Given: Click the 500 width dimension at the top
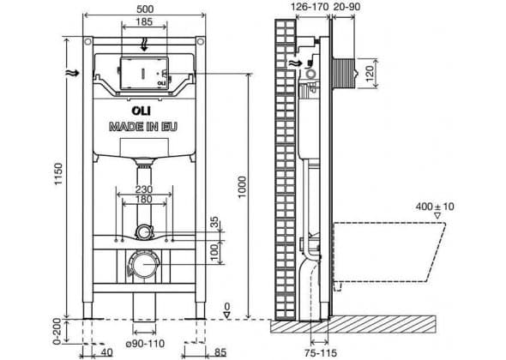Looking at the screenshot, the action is [x=145, y=9].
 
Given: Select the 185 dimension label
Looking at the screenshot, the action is [x=144, y=22].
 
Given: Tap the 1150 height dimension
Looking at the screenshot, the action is [x=58, y=174].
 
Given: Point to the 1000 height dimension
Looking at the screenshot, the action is [x=242, y=187].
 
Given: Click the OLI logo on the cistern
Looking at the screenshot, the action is [x=141, y=111].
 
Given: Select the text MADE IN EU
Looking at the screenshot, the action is [x=143, y=127].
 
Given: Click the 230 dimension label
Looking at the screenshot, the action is [x=144, y=189].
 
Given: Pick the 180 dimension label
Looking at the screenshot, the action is [x=144, y=199].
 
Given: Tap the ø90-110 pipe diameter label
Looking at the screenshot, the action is [x=145, y=344].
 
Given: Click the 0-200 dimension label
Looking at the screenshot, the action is [x=57, y=332].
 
